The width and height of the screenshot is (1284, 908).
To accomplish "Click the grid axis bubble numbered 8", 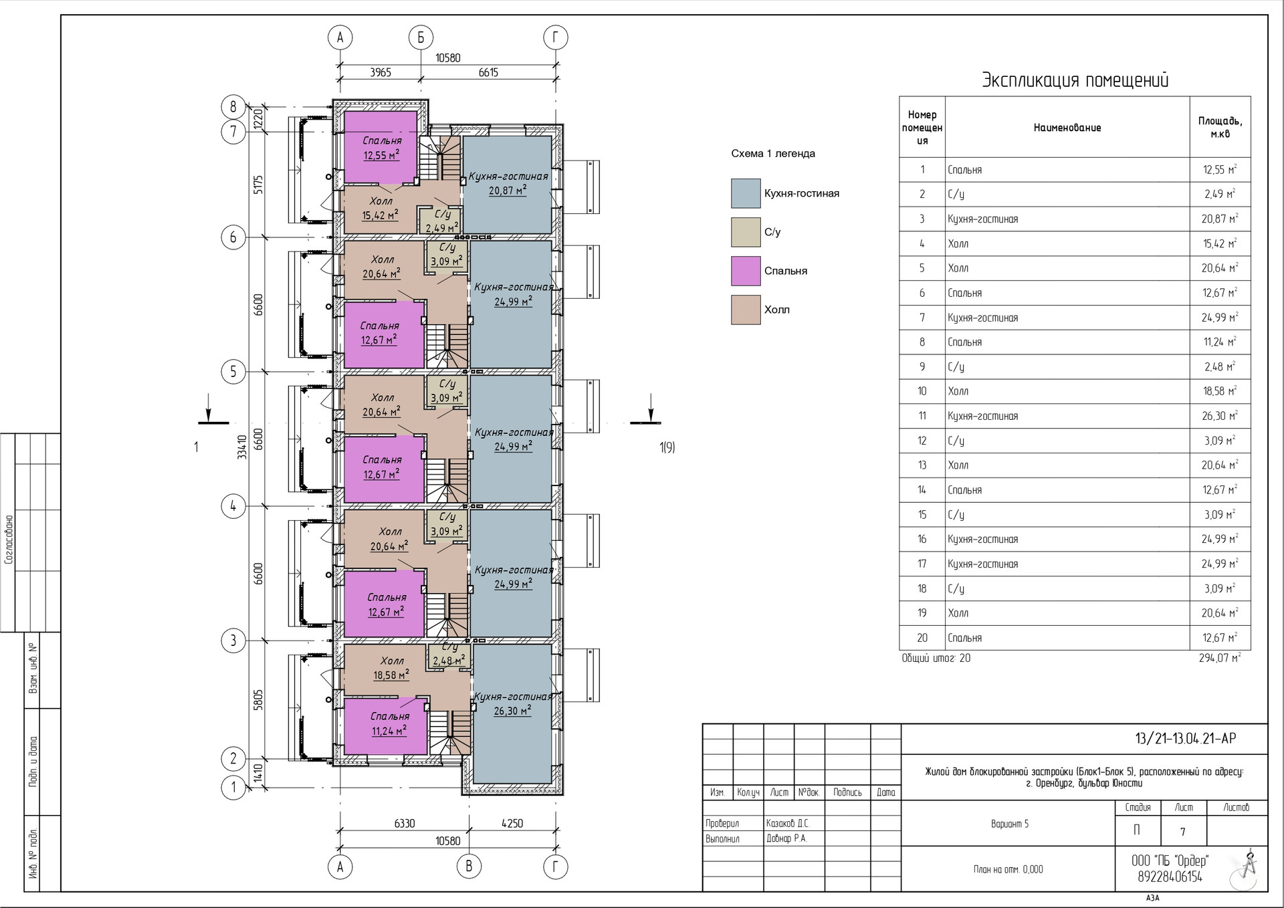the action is coord(233,106).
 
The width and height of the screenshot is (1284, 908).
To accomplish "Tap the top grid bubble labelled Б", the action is coord(421,37).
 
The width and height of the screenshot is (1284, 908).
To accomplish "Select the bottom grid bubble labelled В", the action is coord(469,867).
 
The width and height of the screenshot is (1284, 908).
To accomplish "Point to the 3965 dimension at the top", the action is coord(381,72).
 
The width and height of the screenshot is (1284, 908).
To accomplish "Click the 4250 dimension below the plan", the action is coord(512,823).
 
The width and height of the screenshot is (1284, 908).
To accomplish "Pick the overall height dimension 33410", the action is coord(242,447).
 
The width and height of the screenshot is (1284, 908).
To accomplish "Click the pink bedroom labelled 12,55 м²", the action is coord(381,147).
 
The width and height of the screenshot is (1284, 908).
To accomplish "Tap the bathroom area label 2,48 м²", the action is coord(449,661).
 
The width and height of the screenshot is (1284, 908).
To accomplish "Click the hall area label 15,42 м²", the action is coord(380,215).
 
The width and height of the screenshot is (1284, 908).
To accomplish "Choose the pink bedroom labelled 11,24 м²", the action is coord(385,726).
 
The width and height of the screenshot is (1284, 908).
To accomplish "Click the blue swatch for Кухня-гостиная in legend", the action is coord(746,193).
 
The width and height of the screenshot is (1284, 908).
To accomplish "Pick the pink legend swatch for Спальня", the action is coord(746,271).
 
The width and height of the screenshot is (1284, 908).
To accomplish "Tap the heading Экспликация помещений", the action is coord(1075,80).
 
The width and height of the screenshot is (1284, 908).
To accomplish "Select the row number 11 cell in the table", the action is coord(922,416).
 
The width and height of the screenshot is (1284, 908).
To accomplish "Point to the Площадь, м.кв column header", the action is coord(1220,127).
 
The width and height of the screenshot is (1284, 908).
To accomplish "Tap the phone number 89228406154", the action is coord(1170,877).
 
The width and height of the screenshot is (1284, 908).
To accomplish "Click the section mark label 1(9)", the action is coord(667,447).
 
